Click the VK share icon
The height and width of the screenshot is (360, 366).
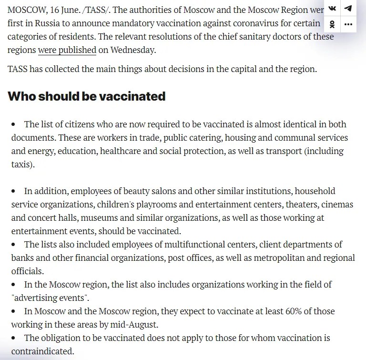point(333,8)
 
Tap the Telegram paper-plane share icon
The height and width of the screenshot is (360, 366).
point(348,8)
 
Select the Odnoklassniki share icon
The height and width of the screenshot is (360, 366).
point(333,24)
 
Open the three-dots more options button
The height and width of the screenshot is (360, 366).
point(348,24)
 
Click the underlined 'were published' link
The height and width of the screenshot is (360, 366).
point(67,50)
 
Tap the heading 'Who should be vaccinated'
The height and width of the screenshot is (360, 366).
point(87,96)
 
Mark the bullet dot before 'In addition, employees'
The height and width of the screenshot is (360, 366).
point(14,191)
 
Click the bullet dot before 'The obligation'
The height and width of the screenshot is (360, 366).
point(14,338)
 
